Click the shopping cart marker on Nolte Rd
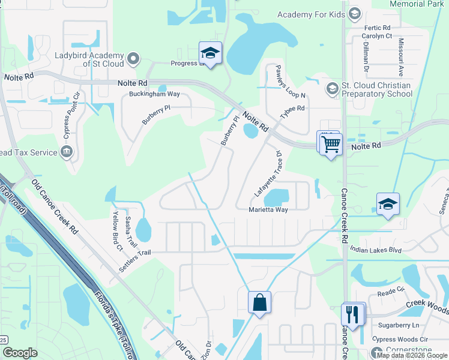tap(330, 144)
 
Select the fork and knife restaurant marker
tap(352, 314)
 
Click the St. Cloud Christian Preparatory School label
tap(376, 89)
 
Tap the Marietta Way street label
tap(268, 210)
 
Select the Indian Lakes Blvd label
tap(375, 249)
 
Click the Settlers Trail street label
tap(134, 261)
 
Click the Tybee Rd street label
tap(293, 113)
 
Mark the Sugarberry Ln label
tap(399, 325)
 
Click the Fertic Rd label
tap(377, 28)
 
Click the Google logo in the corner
tap(20, 353)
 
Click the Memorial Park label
tap(416, 4)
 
